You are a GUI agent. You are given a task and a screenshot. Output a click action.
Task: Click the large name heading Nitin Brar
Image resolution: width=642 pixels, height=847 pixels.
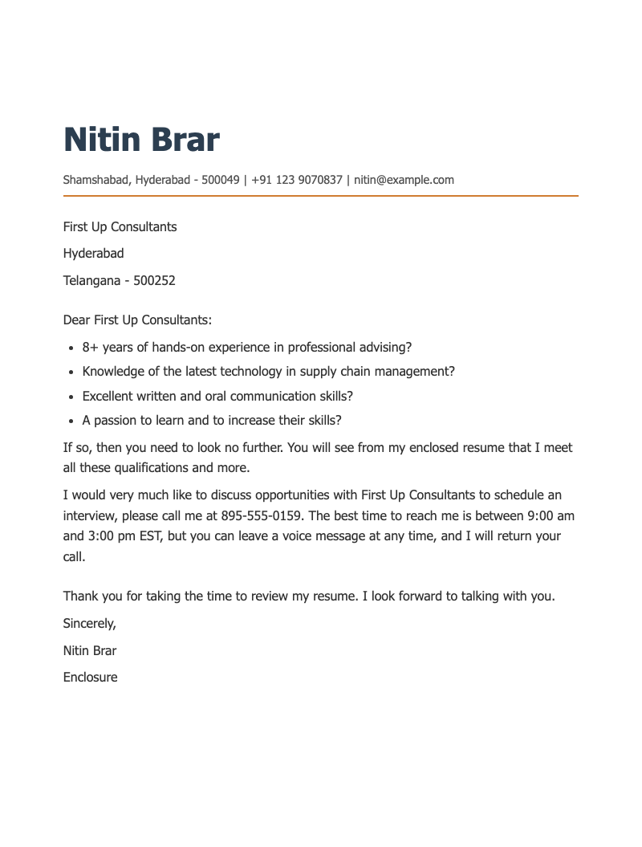[141, 140]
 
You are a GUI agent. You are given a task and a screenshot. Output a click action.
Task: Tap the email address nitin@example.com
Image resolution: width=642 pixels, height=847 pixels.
[404, 180]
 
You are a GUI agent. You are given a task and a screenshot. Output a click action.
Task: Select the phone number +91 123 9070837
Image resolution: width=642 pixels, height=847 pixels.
[297, 180]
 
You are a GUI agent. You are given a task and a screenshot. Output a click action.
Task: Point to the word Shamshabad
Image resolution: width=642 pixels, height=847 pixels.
[95, 180]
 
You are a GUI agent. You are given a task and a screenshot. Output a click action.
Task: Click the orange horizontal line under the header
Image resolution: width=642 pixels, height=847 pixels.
[321, 195]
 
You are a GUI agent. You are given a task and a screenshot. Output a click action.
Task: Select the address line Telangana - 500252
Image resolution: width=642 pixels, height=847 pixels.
[119, 280]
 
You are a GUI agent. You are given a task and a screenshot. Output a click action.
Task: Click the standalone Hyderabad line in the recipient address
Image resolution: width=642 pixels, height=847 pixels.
[93, 254]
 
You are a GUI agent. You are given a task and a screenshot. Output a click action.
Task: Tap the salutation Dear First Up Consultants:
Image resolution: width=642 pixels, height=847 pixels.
[137, 320]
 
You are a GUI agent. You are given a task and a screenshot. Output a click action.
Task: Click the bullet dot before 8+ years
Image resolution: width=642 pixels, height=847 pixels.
[71, 348]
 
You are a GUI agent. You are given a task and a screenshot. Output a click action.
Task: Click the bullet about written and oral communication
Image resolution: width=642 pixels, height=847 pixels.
[217, 396]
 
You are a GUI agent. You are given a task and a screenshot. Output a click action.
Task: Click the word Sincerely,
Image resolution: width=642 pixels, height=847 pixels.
[89, 623]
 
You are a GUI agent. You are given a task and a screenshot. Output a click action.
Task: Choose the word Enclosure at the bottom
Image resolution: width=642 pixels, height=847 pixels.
[90, 677]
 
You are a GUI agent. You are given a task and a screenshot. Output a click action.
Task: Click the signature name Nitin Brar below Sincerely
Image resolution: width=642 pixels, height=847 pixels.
[89, 650]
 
